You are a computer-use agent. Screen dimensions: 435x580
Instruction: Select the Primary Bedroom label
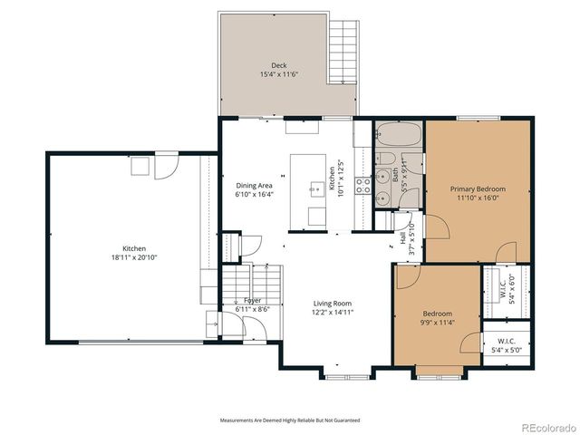click(x=478, y=188)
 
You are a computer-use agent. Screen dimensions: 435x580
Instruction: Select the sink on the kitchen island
click(x=316, y=188)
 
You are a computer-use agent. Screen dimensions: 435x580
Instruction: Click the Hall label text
click(x=402, y=238)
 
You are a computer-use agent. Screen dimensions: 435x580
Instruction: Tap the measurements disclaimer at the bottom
click(x=290, y=420)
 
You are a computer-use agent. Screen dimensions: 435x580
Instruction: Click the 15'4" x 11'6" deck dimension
click(x=280, y=73)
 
